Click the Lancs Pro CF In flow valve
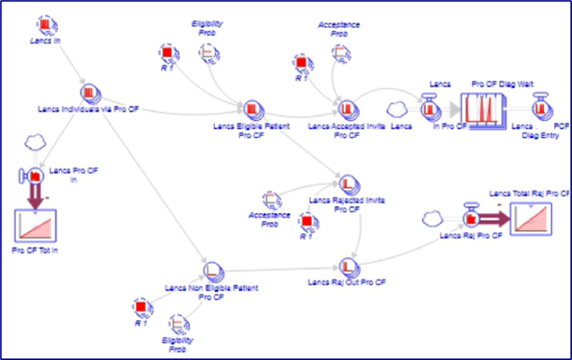pos(34,177)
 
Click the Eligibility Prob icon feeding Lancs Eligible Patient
pos(207,52)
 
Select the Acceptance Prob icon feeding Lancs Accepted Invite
pos(339,52)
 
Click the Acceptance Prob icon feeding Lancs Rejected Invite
pos(271,200)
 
